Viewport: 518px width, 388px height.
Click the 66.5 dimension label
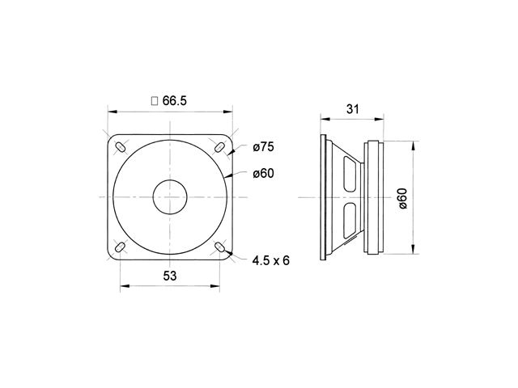pyautogui.click(x=175, y=100)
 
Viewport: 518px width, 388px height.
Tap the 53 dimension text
pyautogui.click(x=170, y=276)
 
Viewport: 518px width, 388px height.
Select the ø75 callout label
pyautogui.click(x=263, y=146)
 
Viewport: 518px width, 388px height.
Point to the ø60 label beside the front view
pyautogui.click(x=263, y=173)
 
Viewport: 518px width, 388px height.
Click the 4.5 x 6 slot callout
pyautogui.click(x=270, y=260)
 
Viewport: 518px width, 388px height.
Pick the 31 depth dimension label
pyautogui.click(x=353, y=109)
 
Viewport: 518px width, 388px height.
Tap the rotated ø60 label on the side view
pyautogui.click(x=403, y=198)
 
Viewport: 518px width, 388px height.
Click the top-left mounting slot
pyautogui.click(x=120, y=147)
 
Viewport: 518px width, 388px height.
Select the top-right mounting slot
pyautogui.click(x=219, y=147)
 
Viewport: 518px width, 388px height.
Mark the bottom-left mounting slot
pyautogui.click(x=120, y=247)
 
